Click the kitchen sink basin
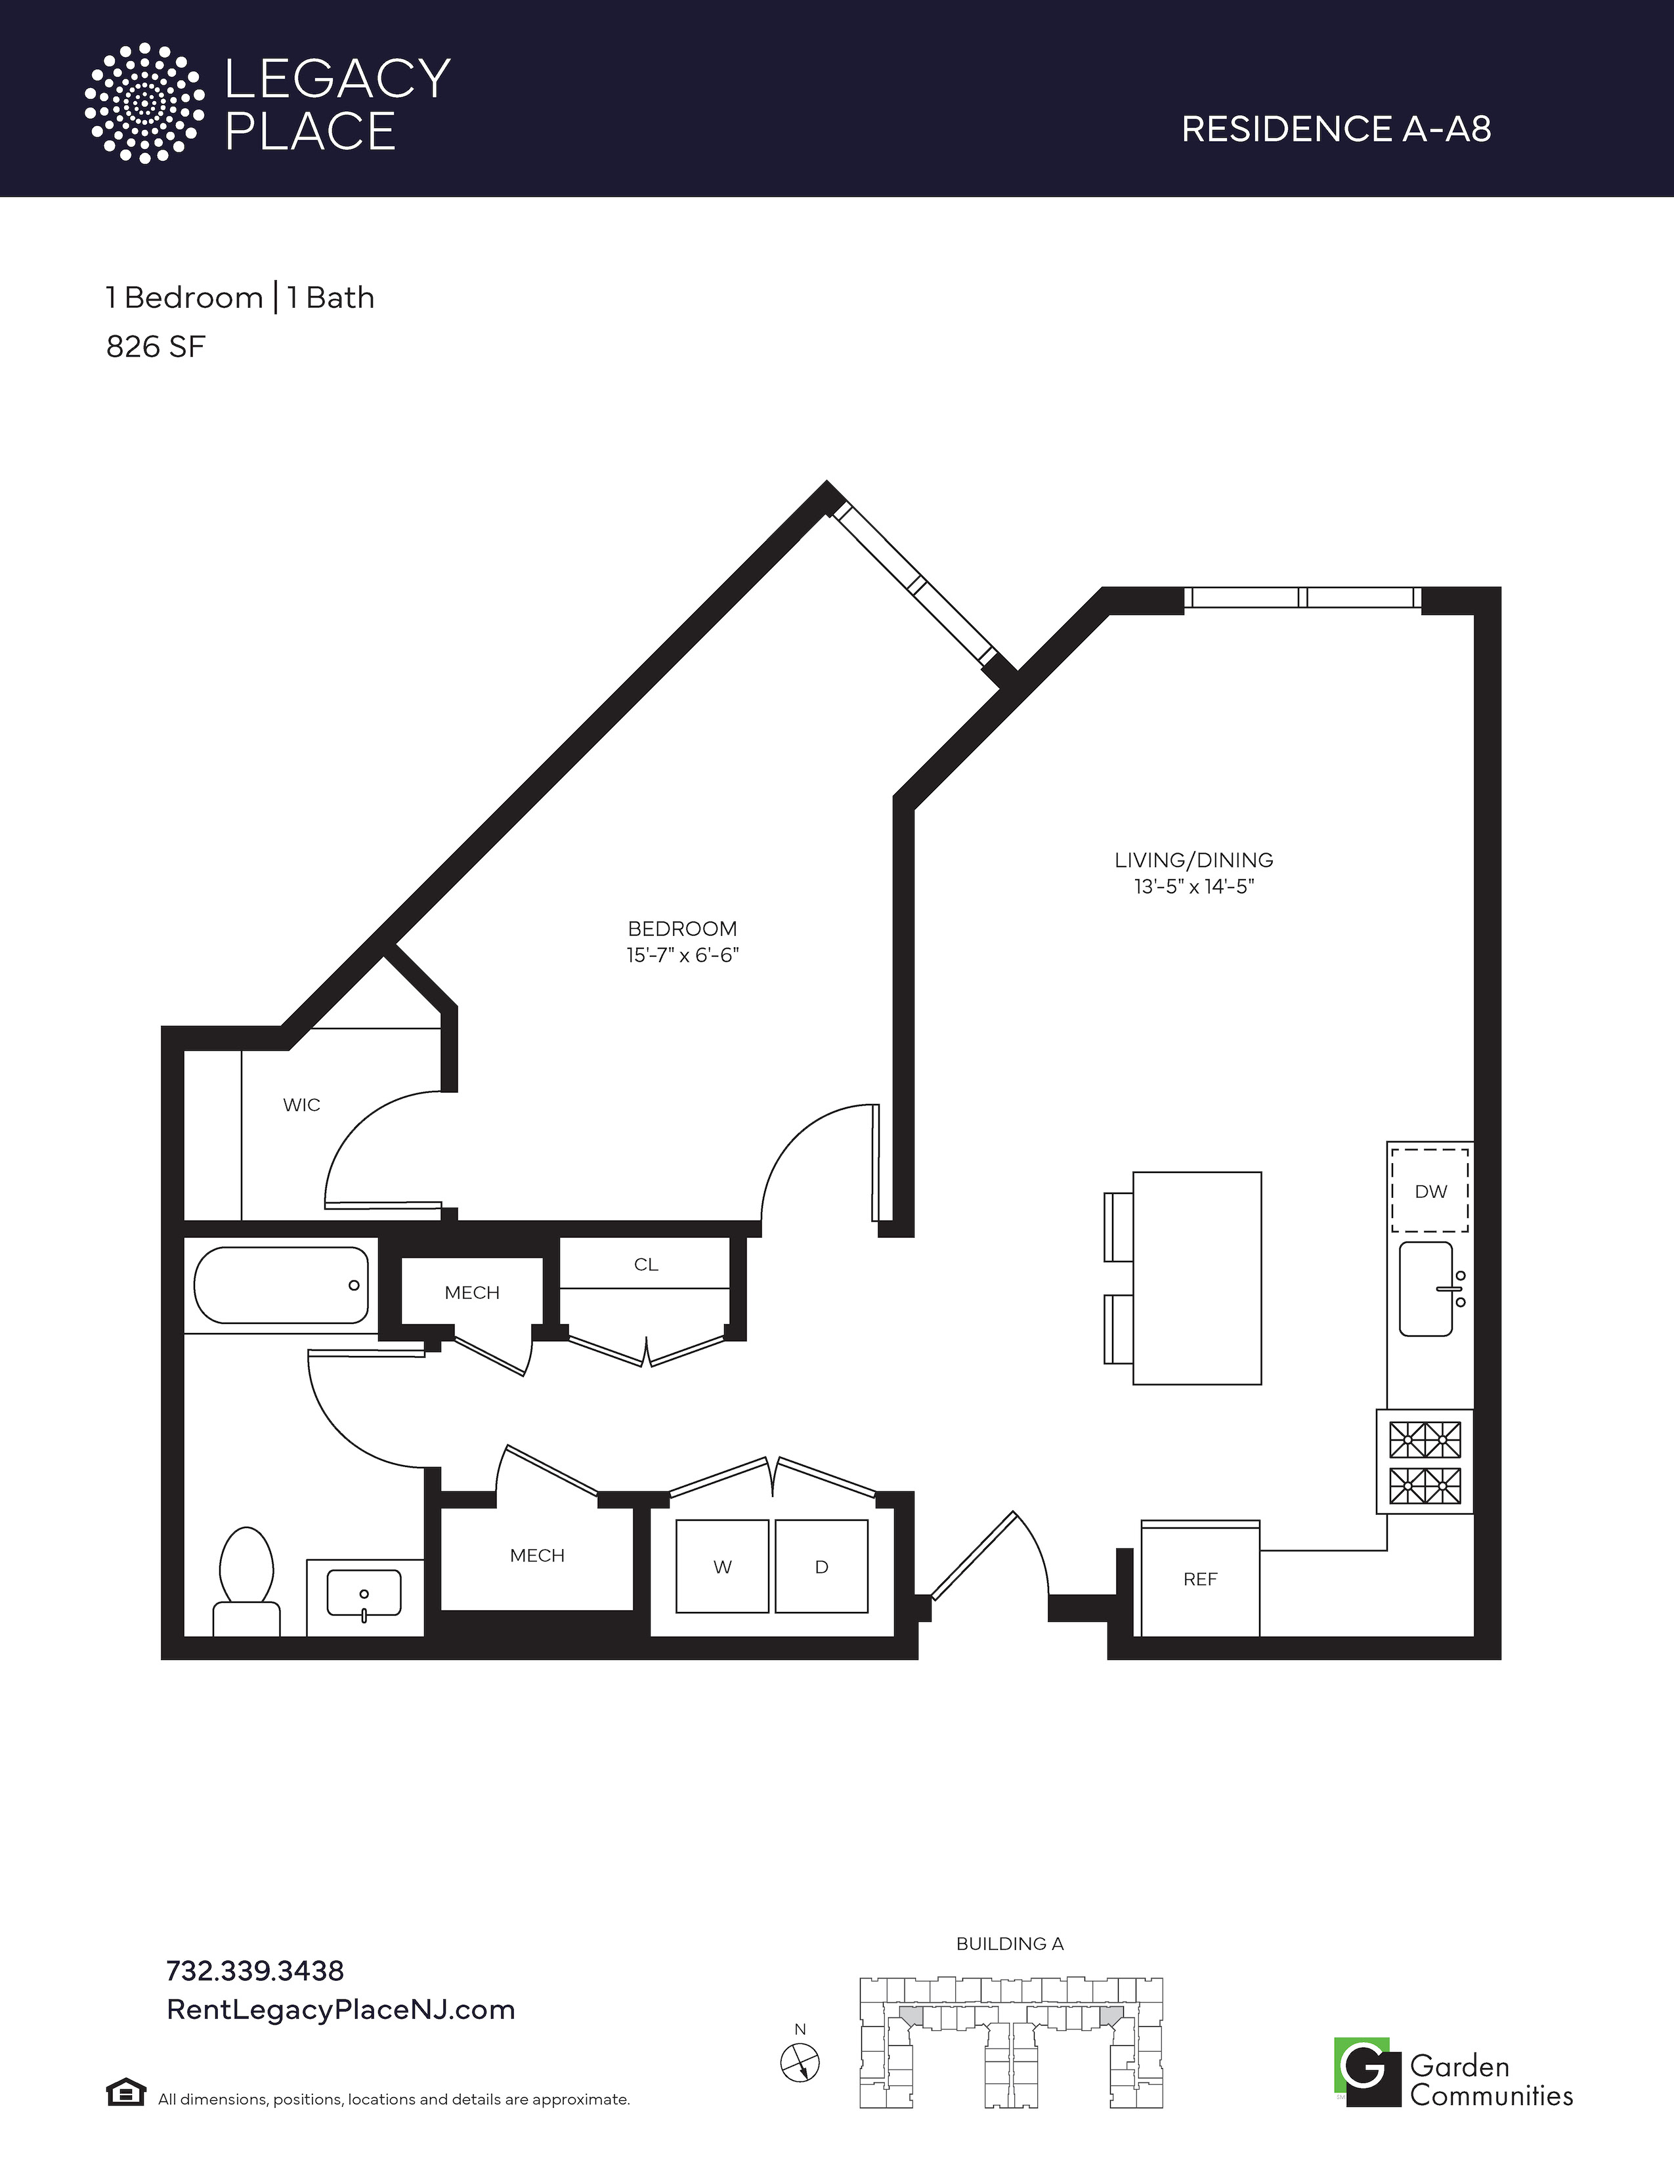point(1426,1288)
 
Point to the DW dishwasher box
point(1430,1190)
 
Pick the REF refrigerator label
point(1200,1579)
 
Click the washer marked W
point(722,1566)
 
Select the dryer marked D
point(821,1566)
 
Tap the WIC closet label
point(301,1105)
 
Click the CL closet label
point(645,1265)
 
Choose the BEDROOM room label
point(682,928)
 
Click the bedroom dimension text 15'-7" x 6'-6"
point(682,955)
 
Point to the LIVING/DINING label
point(1194,860)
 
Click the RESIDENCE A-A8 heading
point(1337,129)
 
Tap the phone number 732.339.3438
point(255,1970)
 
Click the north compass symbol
point(800,2064)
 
